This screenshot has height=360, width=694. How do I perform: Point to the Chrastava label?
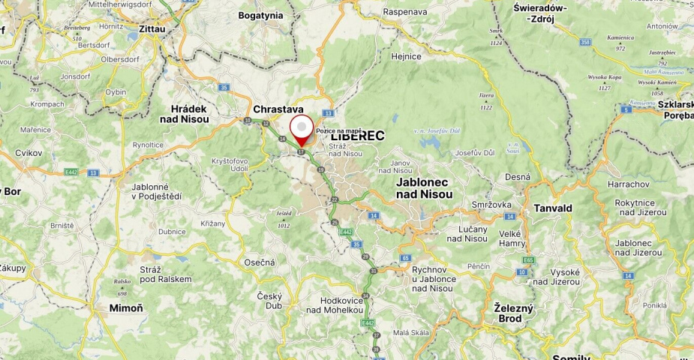pyautogui.click(x=278, y=109)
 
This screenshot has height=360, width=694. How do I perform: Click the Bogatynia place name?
pyautogui.click(x=260, y=15)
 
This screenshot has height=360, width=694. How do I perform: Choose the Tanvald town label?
pyautogui.click(x=554, y=208)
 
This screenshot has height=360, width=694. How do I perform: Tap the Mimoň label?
pyautogui.click(x=126, y=307)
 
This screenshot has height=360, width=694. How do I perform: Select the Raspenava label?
pyautogui.click(x=405, y=12)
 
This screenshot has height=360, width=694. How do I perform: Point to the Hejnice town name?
pyautogui.click(x=406, y=55)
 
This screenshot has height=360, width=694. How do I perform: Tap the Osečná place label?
pyautogui.click(x=260, y=262)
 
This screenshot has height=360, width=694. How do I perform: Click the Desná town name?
pyautogui.click(x=518, y=177)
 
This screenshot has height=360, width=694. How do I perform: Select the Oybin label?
pyautogui.click(x=116, y=91)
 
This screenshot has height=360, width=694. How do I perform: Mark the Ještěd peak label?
pyautogui.click(x=283, y=214)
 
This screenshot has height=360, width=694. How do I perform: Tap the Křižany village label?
pyautogui.click(x=213, y=223)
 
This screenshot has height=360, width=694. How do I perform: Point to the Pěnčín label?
pyautogui.click(x=478, y=266)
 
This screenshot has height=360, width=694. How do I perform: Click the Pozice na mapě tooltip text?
pyautogui.click(x=339, y=130)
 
